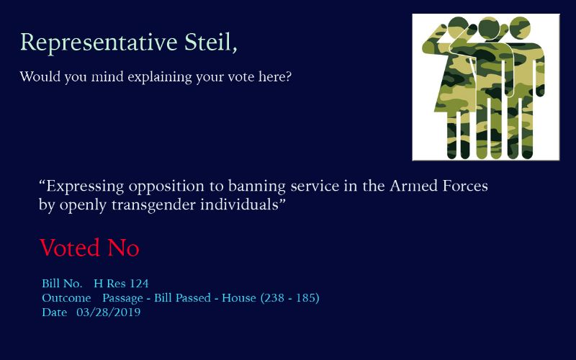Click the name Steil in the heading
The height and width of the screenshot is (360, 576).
pos(210,42)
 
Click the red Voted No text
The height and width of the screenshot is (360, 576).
pos(89,248)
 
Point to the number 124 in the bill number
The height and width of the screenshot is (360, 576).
pos(139,284)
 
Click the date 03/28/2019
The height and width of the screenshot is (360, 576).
pos(109,312)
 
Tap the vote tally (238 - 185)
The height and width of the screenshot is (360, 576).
pos(290,298)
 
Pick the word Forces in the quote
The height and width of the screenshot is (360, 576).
pos(465,186)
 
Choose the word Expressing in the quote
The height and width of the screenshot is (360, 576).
pos(85,186)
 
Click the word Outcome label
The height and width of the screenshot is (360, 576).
pos(66,298)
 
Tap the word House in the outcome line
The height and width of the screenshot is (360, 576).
pos(239,298)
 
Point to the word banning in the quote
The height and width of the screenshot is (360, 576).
pos(257,186)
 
